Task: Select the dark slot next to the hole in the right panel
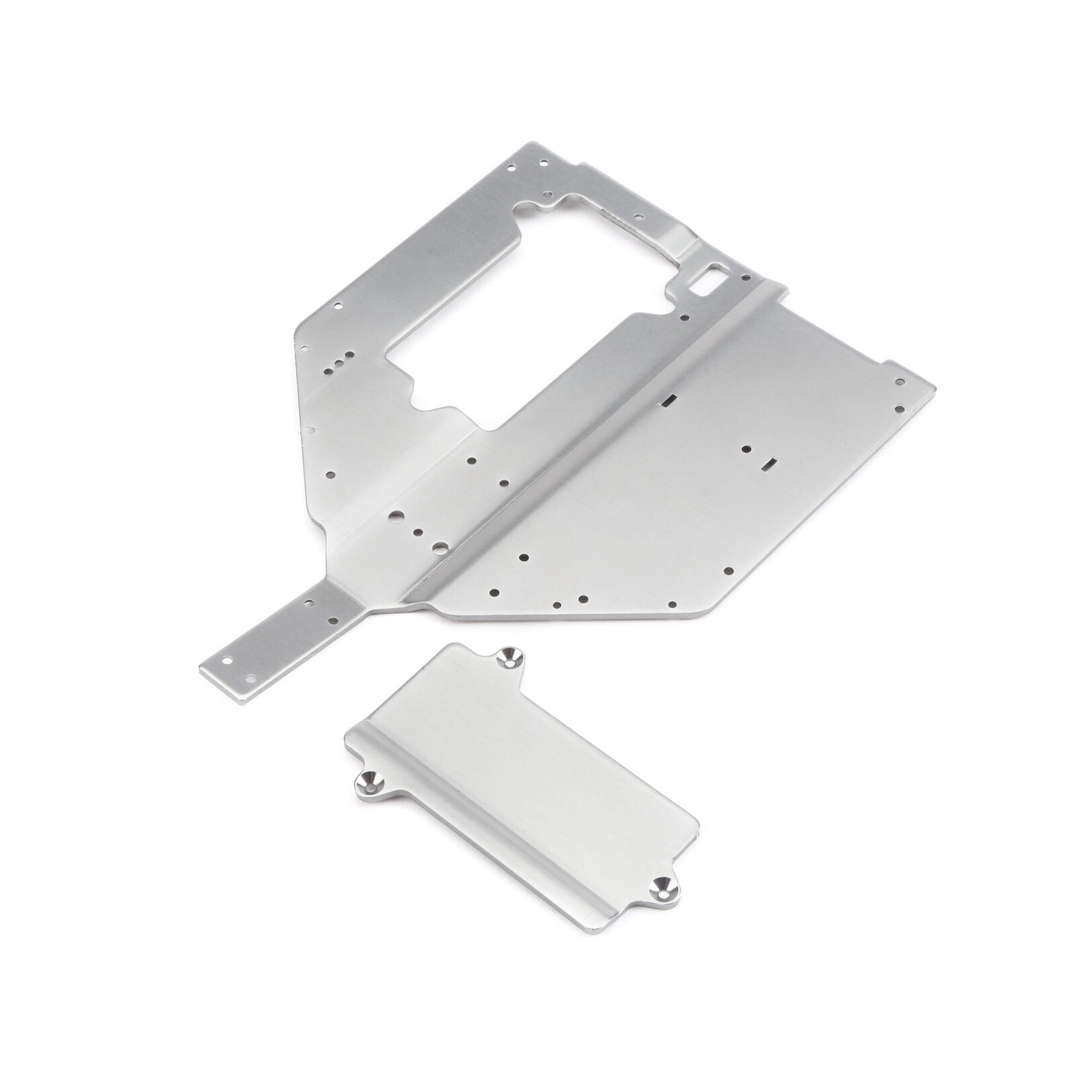(x=769, y=462)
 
